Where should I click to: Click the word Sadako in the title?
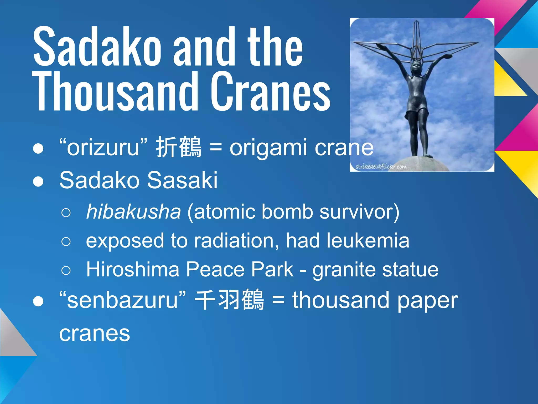[x=97, y=47]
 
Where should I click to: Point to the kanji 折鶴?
[x=179, y=147]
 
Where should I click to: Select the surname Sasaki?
[x=182, y=180]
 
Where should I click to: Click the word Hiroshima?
[x=132, y=269]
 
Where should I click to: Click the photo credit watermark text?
[x=381, y=167]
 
